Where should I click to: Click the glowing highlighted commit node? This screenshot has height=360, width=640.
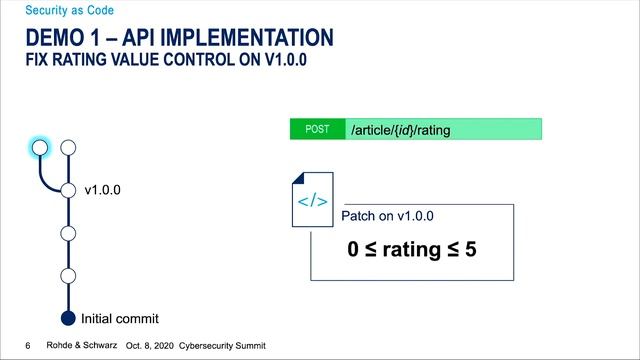39,147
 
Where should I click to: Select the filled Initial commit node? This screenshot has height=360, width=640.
68,319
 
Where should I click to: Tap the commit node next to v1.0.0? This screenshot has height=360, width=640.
68,190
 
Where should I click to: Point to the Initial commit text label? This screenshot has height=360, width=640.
119,319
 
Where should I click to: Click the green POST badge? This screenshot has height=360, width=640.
316,129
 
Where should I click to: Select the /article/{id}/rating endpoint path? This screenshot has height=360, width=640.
400,129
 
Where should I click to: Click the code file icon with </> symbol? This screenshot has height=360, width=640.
312,200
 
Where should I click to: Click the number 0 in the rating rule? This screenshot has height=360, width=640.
353,248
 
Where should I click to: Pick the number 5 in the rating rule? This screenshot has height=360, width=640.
470,248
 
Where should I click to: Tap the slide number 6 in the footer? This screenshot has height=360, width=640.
28,345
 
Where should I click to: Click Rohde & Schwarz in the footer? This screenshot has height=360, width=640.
79,345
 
